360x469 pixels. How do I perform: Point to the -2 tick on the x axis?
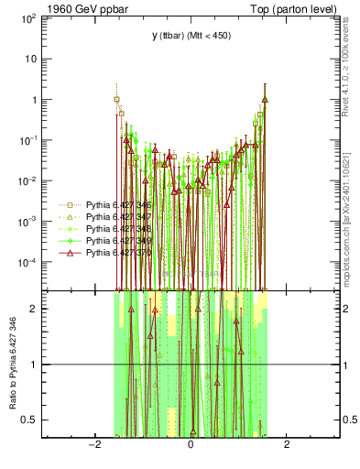93,446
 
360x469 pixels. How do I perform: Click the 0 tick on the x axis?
191,446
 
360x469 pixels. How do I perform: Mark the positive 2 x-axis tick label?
287,446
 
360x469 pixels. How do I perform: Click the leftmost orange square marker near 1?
117,100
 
